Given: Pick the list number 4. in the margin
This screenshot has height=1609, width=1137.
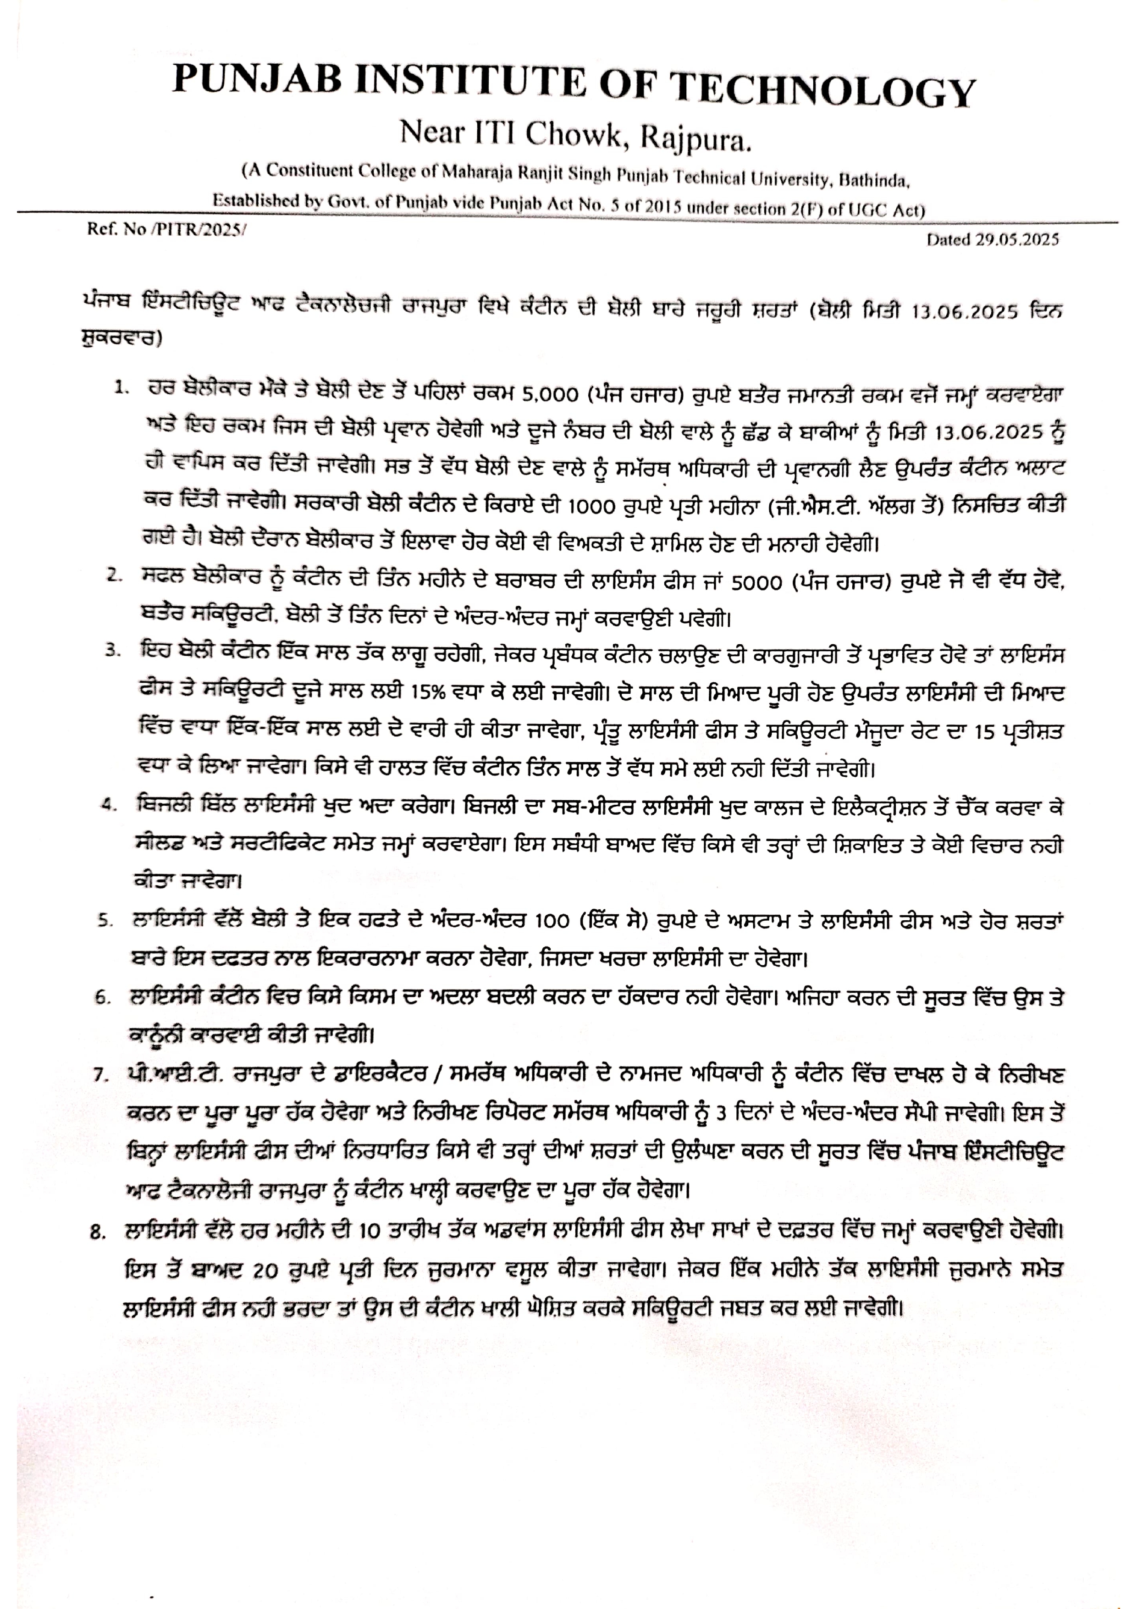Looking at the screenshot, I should click(109, 807).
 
